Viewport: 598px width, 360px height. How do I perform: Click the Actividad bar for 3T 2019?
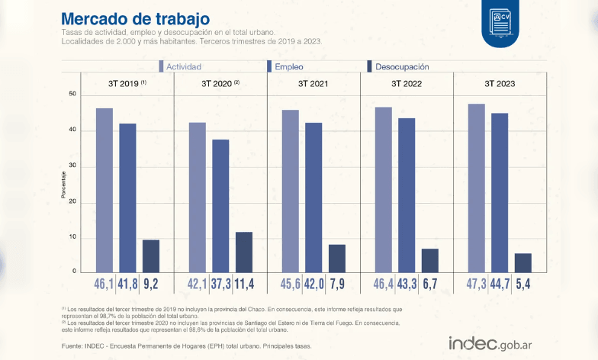coord(104,190)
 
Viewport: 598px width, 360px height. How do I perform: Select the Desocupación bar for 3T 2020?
coord(244,252)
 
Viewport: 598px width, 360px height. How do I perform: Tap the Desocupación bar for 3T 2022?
coord(430,260)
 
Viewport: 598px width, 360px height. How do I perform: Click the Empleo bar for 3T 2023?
coord(500,192)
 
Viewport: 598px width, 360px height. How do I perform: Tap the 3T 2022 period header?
coord(407,83)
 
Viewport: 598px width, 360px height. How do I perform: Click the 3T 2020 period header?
coord(220,83)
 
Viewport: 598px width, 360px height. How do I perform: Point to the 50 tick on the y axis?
coord(73,94)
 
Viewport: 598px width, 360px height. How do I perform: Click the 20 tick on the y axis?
coord(73,201)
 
